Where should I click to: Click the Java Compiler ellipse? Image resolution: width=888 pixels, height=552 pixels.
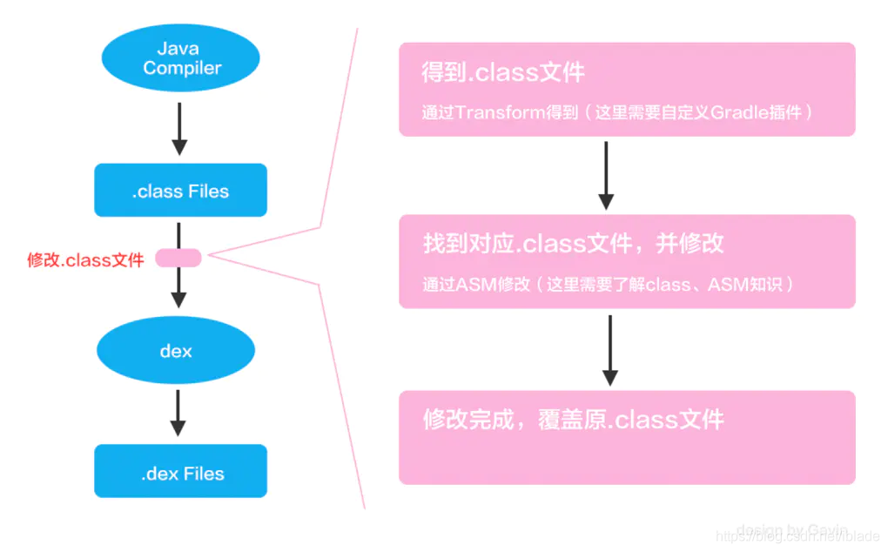tap(180, 58)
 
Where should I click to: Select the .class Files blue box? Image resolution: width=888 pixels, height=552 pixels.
tap(180, 190)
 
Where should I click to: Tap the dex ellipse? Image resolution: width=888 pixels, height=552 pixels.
tap(176, 351)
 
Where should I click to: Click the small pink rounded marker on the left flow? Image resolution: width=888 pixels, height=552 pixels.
tap(178, 258)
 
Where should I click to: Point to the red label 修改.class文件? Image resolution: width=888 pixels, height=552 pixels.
tap(85, 259)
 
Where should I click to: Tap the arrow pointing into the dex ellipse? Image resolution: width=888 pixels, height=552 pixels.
tap(178, 287)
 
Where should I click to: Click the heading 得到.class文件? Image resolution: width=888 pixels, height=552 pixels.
tap(503, 72)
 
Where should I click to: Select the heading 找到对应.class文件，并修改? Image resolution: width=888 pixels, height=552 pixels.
tap(573, 243)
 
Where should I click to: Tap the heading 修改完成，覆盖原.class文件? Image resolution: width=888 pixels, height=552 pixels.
tap(573, 420)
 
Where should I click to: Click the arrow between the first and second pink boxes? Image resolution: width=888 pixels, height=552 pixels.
tap(606, 174)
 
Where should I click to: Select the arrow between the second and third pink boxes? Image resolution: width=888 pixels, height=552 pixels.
tap(609, 349)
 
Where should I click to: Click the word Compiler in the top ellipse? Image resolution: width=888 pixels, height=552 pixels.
tap(182, 68)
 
